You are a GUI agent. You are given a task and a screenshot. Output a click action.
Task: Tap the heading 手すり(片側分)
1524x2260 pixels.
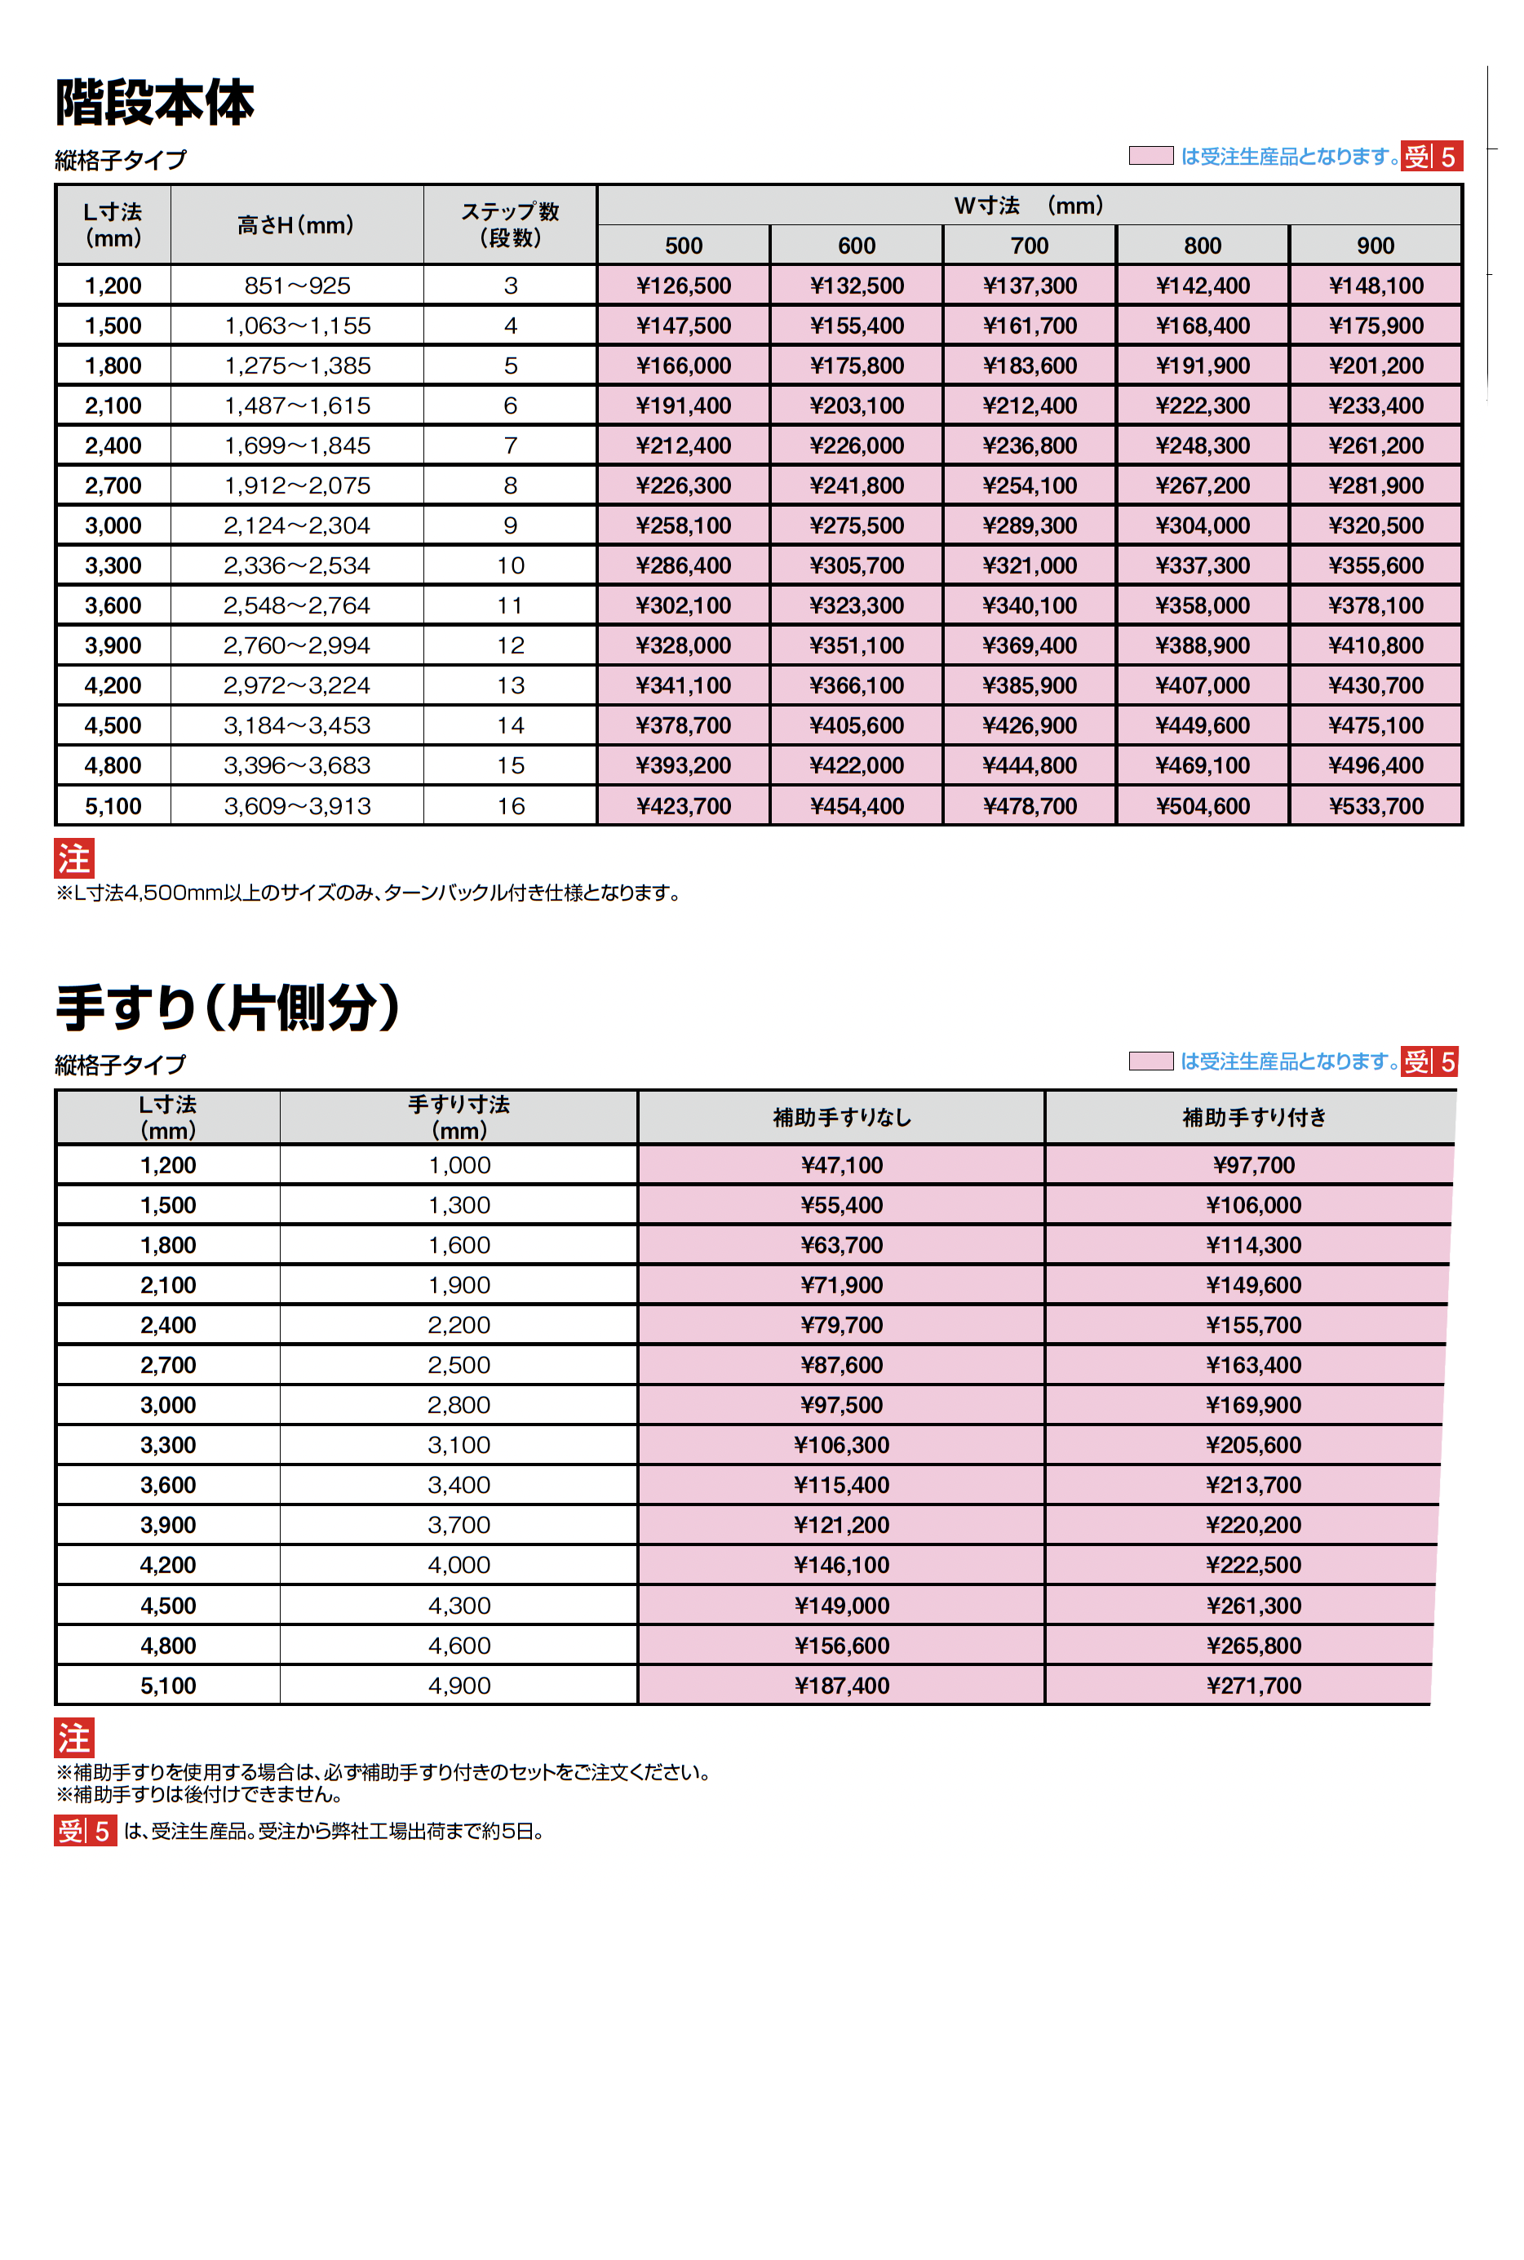228,1007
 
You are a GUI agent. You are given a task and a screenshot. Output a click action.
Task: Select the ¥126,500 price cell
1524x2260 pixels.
684,286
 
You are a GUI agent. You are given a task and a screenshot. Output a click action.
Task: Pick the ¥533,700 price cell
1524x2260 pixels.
1376,806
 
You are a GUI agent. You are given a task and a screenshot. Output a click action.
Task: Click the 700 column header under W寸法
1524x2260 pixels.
1030,246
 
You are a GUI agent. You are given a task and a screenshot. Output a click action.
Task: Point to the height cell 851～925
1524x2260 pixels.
298,286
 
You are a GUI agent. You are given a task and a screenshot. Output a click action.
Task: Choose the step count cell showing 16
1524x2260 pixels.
510,806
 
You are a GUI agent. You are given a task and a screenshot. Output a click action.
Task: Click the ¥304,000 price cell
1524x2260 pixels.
1203,526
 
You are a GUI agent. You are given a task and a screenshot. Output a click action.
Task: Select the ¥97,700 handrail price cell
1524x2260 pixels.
1253,1165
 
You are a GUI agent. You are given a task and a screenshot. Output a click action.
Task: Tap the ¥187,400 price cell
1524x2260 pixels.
842,1686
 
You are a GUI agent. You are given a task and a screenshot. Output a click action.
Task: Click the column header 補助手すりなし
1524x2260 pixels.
842,1118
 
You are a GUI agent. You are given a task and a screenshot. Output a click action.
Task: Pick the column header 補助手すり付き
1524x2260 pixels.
1254,1118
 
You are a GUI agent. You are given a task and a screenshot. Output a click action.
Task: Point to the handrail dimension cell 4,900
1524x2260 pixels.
459,1686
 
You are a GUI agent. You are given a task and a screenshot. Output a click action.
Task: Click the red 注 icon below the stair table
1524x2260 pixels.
74,859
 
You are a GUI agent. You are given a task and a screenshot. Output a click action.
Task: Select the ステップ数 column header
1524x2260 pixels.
510,224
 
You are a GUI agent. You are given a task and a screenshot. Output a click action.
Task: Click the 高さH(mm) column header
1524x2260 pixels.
296,225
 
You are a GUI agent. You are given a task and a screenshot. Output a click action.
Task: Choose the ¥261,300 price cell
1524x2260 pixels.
1253,1606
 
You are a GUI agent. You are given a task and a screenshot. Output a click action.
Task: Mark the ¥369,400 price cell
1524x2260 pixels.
1030,645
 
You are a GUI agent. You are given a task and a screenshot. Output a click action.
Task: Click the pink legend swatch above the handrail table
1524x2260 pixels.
1151,1061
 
